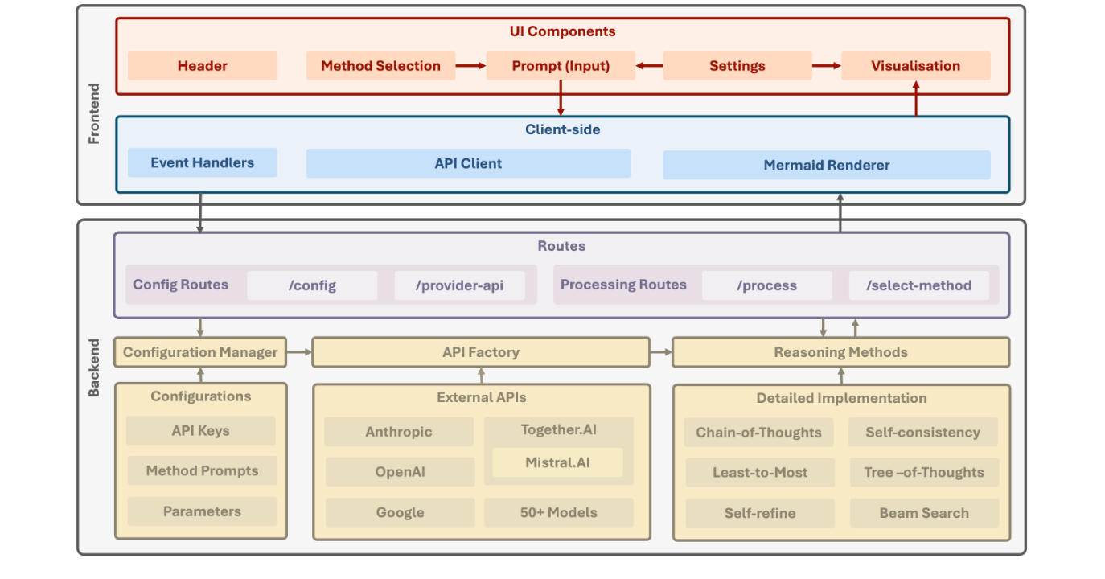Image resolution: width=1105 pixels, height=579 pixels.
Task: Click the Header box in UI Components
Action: [x=202, y=66]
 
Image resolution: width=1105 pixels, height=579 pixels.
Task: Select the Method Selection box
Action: [x=380, y=66]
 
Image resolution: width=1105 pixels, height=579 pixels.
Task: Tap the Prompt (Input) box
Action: [x=561, y=66]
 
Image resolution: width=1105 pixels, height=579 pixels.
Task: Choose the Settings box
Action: [x=737, y=66]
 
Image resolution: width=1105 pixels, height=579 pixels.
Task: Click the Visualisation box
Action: [x=915, y=66]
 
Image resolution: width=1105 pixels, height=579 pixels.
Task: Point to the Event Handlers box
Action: [x=202, y=162]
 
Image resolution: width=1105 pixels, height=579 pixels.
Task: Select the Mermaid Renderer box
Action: [x=826, y=165]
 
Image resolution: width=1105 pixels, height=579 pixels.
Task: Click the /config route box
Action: [x=311, y=285]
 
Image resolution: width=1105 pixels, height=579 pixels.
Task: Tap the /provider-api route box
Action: [x=459, y=285]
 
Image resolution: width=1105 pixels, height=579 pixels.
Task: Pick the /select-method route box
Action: [x=918, y=285]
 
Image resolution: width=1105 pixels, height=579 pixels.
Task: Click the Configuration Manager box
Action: [x=200, y=352]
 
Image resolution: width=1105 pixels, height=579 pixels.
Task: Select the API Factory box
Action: [x=480, y=352]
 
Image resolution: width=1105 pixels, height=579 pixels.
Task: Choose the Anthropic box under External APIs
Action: [x=398, y=432]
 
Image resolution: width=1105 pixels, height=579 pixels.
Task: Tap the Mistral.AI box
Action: [x=557, y=462]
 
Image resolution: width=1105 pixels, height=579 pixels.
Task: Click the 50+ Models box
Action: [x=558, y=512]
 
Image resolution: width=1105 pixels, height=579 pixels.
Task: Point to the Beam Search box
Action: [x=923, y=513]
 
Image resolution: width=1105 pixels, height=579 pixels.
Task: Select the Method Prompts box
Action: [x=202, y=471]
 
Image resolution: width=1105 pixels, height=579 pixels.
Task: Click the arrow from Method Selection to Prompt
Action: [x=470, y=66]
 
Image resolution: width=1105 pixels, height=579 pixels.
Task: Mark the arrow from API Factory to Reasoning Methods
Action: [x=660, y=352]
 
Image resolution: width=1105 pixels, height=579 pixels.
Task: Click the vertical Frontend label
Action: [x=94, y=113]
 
